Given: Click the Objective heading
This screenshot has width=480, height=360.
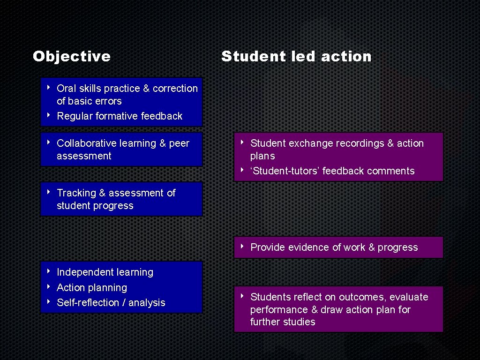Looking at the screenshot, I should point(72,57).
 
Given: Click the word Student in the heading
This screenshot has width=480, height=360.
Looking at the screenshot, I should point(247,57).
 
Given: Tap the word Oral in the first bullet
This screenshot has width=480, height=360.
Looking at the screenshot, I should point(67,88).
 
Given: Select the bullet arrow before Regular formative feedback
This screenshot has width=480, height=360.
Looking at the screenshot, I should point(49,115).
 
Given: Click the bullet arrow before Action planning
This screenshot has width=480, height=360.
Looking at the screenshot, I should point(49,287).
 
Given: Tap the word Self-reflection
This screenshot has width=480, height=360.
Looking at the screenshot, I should point(88,303).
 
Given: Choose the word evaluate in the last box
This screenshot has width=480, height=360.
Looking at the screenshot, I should point(409,297).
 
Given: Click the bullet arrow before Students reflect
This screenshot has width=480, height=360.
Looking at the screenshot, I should point(242,296).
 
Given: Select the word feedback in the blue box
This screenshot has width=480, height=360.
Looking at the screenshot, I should point(161,116).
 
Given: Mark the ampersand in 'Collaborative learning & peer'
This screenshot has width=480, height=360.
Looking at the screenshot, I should point(163,143).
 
